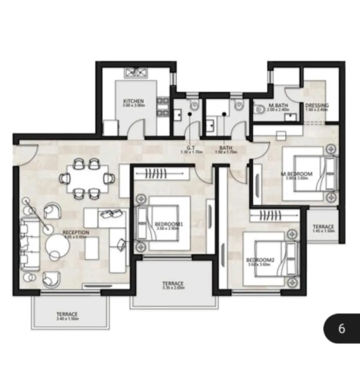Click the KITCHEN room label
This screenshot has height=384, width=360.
[x=133, y=101]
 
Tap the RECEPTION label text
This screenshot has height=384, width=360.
[x=76, y=232]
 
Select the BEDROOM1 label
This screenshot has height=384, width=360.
[x=169, y=224]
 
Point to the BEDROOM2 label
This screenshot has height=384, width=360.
[x=260, y=260]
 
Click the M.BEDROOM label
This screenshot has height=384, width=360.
[x=297, y=174]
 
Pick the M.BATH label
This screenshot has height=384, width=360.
[x=278, y=106]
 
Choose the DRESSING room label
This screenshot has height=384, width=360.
[x=317, y=106]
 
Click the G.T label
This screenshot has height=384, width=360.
[x=191, y=148]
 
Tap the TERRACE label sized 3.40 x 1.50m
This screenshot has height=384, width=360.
[x=67, y=314]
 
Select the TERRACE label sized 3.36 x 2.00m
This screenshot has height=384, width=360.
[x=173, y=284]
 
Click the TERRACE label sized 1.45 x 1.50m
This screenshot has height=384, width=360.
[x=323, y=227]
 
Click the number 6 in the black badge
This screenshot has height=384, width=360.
[x=342, y=329]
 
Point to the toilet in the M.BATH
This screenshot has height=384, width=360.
[x=259, y=109]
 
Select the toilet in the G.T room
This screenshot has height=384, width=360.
[x=194, y=105]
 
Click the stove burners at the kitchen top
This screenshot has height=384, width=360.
[x=136, y=72]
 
